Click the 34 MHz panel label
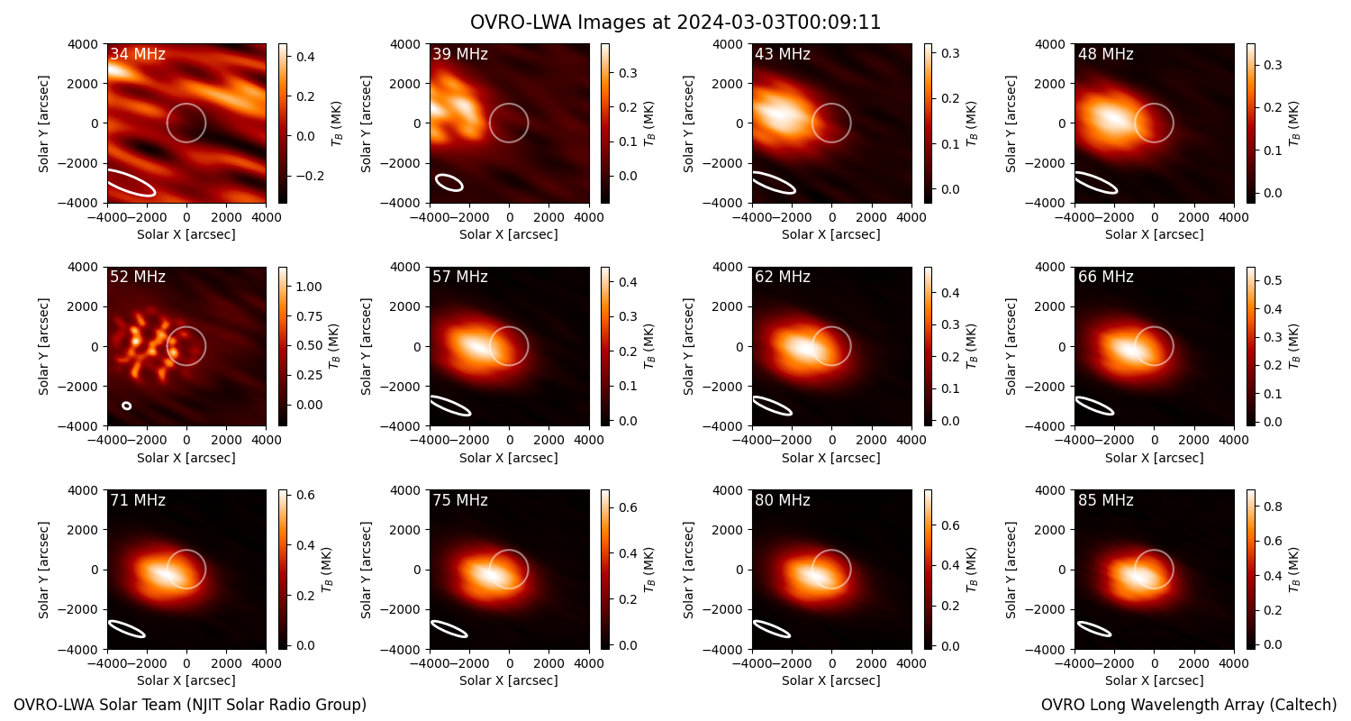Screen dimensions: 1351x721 138,54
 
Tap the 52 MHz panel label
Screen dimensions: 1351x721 138,277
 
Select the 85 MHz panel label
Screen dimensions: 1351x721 1105,500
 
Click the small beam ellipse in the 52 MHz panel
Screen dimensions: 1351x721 127,406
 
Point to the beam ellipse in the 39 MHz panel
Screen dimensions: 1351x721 449,182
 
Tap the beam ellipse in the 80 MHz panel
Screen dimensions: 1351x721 772,629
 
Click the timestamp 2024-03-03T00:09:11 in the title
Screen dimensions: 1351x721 779,23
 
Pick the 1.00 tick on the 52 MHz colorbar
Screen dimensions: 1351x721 308,287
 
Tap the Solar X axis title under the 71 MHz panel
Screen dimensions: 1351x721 186,680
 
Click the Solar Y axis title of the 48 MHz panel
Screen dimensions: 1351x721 1011,123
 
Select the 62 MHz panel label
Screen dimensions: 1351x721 783,277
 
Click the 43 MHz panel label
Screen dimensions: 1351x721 783,54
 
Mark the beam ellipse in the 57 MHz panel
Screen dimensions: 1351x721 450,406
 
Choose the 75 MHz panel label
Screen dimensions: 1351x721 460,500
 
